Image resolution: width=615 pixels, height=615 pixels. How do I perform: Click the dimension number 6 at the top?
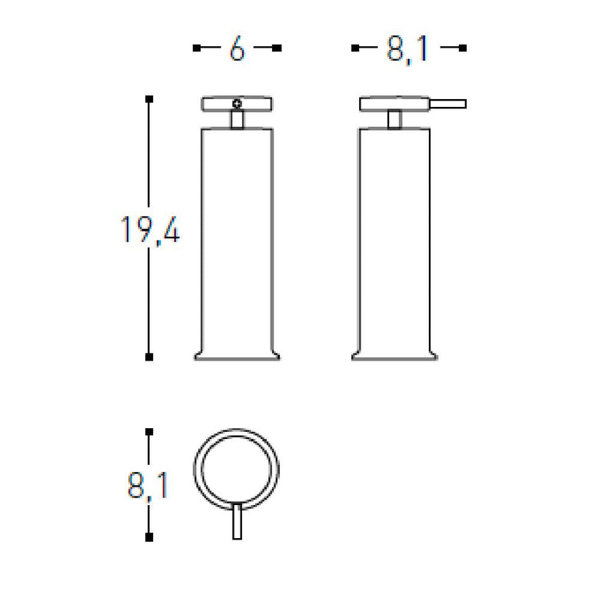click(x=237, y=49)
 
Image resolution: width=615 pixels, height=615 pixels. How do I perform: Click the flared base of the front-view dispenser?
click(x=238, y=354)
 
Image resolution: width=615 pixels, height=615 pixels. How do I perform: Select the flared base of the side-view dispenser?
click(x=394, y=354)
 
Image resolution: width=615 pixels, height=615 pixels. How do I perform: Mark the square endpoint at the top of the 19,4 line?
click(x=149, y=98)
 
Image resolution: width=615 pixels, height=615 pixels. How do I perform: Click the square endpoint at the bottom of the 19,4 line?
click(x=149, y=357)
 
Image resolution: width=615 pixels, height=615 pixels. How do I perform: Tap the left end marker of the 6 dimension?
click(x=196, y=48)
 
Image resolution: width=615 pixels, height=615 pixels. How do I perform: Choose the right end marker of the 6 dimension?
click(x=278, y=48)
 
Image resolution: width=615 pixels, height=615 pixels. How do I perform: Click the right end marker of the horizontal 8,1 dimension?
click(x=464, y=48)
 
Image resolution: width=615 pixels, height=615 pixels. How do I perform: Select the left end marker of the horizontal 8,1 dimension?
click(x=354, y=48)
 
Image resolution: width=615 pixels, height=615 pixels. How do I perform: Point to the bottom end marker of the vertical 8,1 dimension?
click(x=149, y=537)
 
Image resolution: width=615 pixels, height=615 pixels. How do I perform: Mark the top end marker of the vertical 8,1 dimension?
click(x=149, y=432)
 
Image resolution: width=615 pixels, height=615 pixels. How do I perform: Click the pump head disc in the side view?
click(x=394, y=104)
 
